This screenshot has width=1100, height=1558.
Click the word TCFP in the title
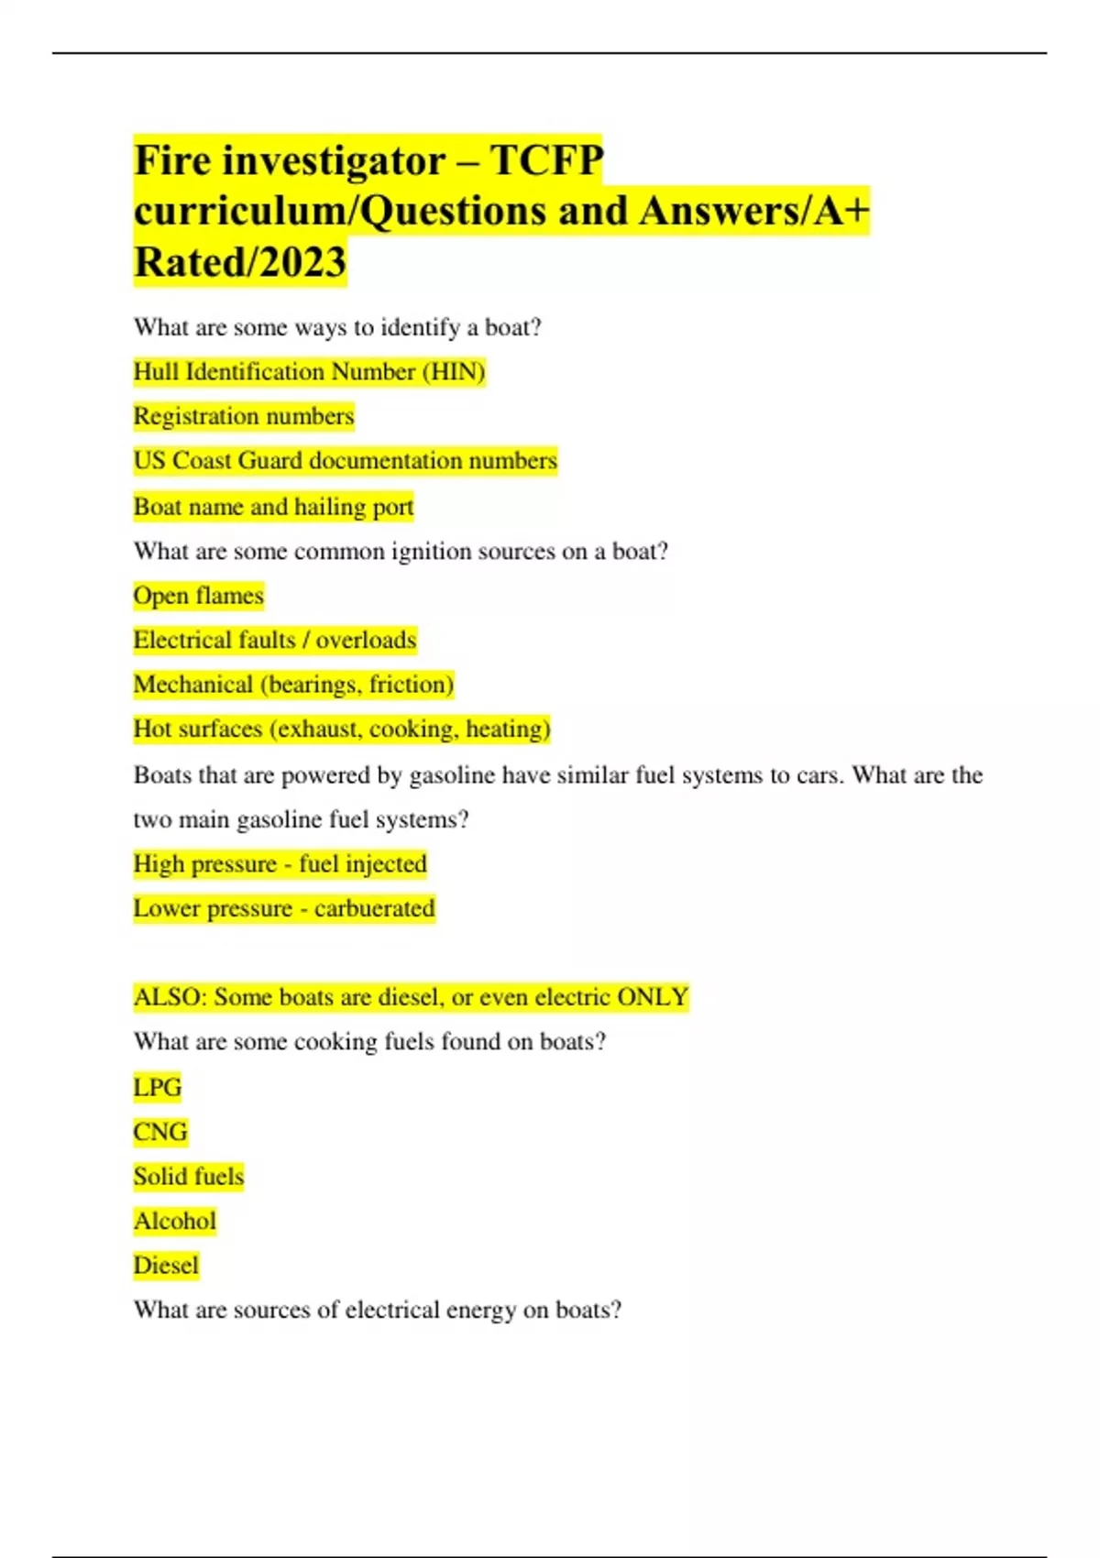pos(547,161)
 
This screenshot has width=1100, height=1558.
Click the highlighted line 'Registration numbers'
pos(243,416)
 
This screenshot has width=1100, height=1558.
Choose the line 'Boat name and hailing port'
pos(273,507)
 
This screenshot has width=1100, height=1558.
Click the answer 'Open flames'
pos(198,596)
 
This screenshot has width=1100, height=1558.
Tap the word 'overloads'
pos(366,640)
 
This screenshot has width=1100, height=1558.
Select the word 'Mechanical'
pos(192,685)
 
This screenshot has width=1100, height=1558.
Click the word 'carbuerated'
pos(374,908)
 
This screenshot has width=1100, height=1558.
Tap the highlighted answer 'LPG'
pos(158,1088)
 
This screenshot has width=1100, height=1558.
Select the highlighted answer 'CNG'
pos(159,1133)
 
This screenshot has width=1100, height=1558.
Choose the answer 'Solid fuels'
pos(189,1177)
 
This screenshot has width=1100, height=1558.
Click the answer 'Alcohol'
pos(174,1222)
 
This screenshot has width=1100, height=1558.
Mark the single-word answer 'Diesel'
pos(166,1266)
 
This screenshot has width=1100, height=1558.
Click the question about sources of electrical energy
pos(377,1311)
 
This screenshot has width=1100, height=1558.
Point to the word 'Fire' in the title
pos(172,161)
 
